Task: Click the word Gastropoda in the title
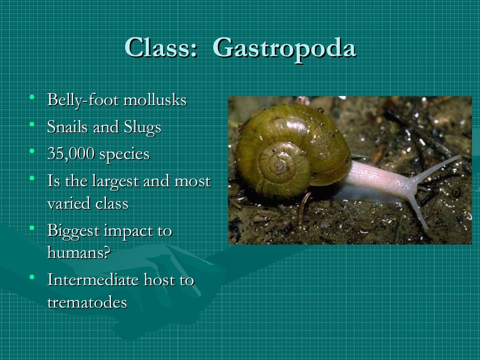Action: (x=285, y=48)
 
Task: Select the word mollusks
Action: (x=155, y=100)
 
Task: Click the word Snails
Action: (x=68, y=127)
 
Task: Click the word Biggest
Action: (x=74, y=232)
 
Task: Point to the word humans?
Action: (x=78, y=253)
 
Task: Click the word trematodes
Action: (x=87, y=302)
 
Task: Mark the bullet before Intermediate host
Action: (x=32, y=277)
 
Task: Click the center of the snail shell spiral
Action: (x=280, y=165)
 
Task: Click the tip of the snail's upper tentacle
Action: (x=459, y=157)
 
